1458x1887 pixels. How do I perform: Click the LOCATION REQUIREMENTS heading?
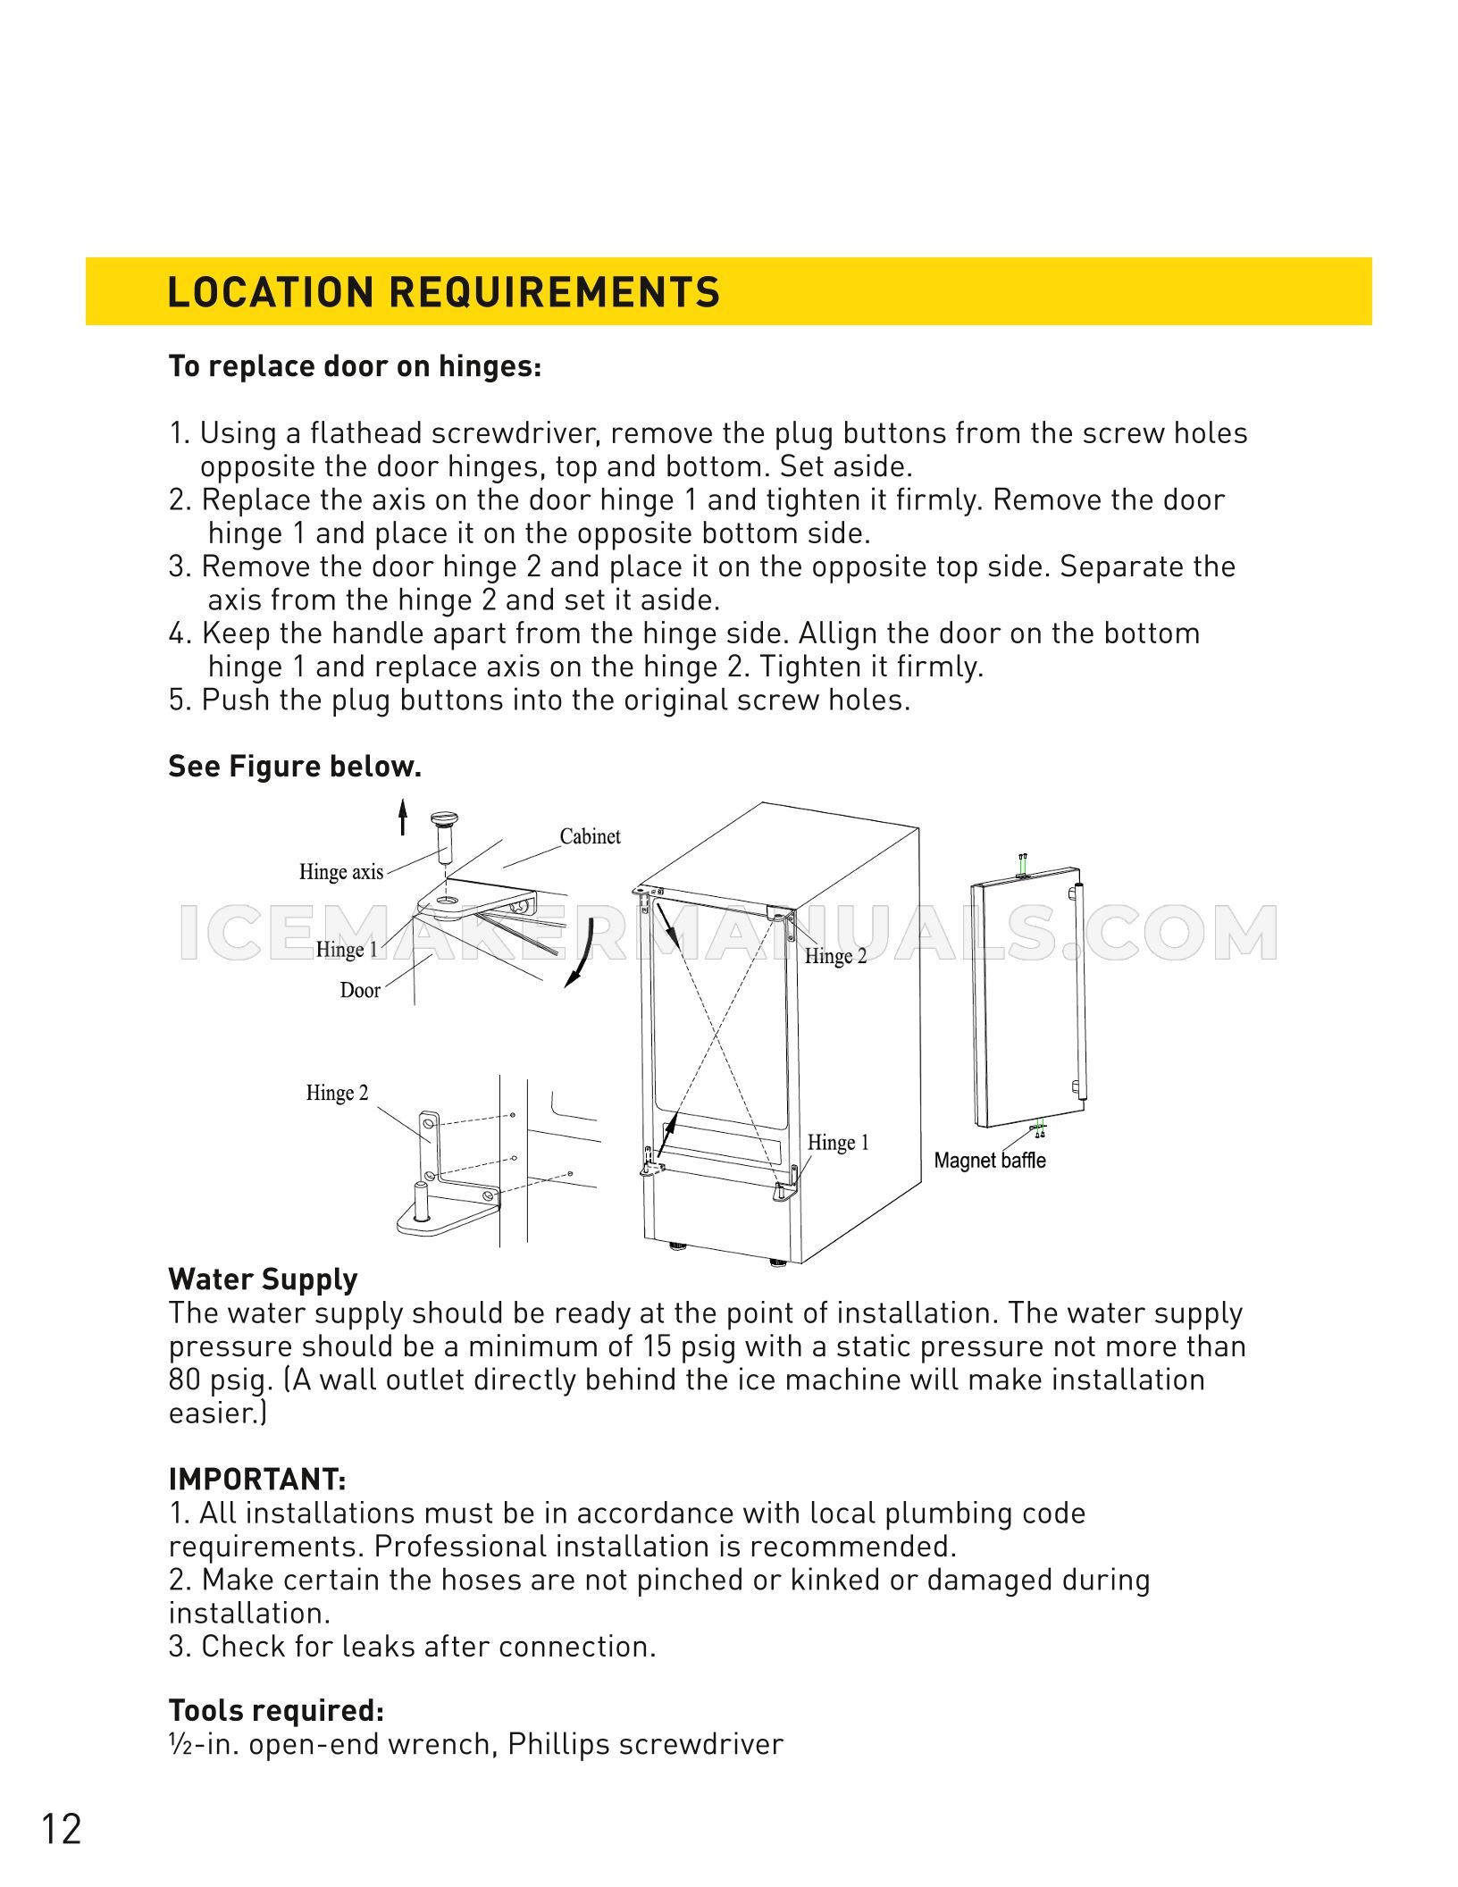(443, 292)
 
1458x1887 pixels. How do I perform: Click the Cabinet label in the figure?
(590, 836)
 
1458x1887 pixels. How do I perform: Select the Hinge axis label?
(340, 872)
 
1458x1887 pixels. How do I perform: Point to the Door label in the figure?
(360, 990)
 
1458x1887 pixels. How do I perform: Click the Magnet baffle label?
(989, 1161)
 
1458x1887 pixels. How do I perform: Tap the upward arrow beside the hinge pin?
(403, 817)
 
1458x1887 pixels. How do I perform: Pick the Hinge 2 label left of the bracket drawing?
(337, 1093)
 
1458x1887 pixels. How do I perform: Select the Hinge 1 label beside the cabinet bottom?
(837, 1143)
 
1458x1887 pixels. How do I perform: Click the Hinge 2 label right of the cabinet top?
(835, 956)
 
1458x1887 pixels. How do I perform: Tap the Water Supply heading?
(263, 1279)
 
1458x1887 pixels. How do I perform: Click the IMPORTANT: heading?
(256, 1480)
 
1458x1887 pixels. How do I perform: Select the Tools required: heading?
(276, 1710)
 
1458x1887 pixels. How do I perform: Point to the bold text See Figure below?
(294, 767)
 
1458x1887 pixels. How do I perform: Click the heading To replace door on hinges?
(355, 366)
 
